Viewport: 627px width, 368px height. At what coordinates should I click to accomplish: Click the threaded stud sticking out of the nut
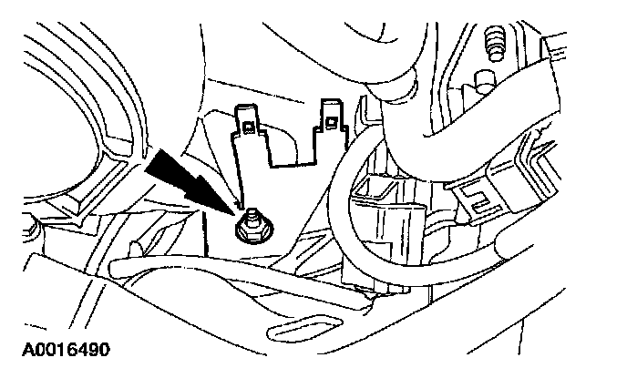(x=249, y=216)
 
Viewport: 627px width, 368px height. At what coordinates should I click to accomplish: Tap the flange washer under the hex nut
(x=250, y=235)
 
